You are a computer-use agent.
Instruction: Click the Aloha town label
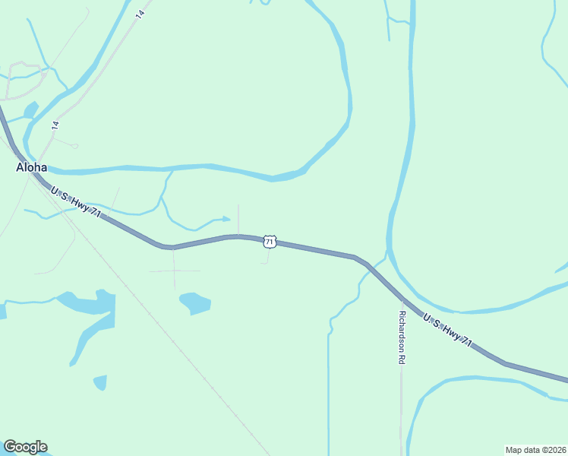pos(32,168)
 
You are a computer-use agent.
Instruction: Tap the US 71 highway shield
pos(270,241)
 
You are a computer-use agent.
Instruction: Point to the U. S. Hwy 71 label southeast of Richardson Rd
pos(447,331)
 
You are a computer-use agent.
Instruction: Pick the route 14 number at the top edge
pos(140,14)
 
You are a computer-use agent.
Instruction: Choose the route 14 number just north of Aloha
pos(55,125)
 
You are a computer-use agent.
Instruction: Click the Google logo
pos(25,447)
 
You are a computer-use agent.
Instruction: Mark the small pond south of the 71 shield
pos(196,302)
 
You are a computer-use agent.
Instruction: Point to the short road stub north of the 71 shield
pos(239,219)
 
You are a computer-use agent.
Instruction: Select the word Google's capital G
pos(9,446)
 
